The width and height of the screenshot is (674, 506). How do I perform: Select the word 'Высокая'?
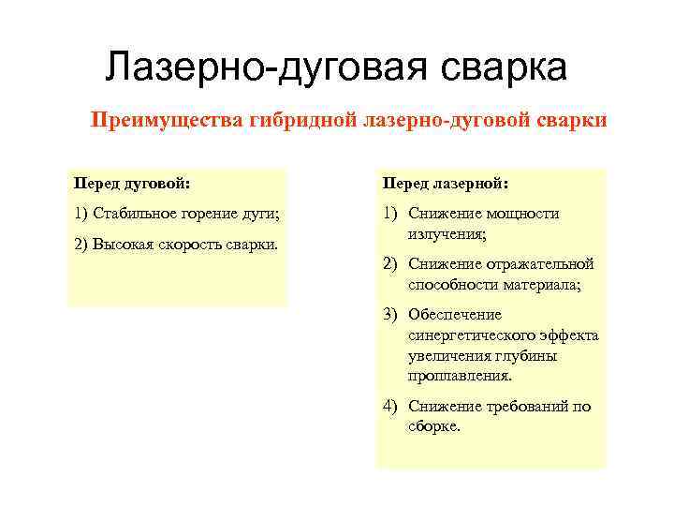point(121,245)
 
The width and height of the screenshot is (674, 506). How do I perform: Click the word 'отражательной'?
point(543,264)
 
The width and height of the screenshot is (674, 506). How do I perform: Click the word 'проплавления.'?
point(459,375)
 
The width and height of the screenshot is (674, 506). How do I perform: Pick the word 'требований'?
point(529,407)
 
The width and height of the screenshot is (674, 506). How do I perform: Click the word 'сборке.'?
point(434,424)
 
